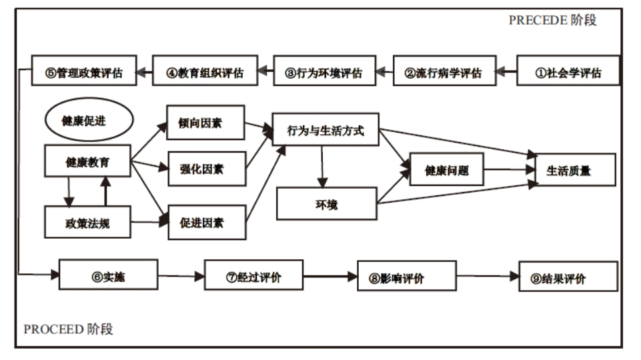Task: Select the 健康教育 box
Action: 87,162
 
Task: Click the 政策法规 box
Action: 87,223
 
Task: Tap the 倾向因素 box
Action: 205,123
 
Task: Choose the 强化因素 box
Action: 205,169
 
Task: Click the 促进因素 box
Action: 205,223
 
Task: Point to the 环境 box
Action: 326,203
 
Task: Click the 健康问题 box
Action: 446,170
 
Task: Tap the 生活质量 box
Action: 568,170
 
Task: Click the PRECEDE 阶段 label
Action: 552,20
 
